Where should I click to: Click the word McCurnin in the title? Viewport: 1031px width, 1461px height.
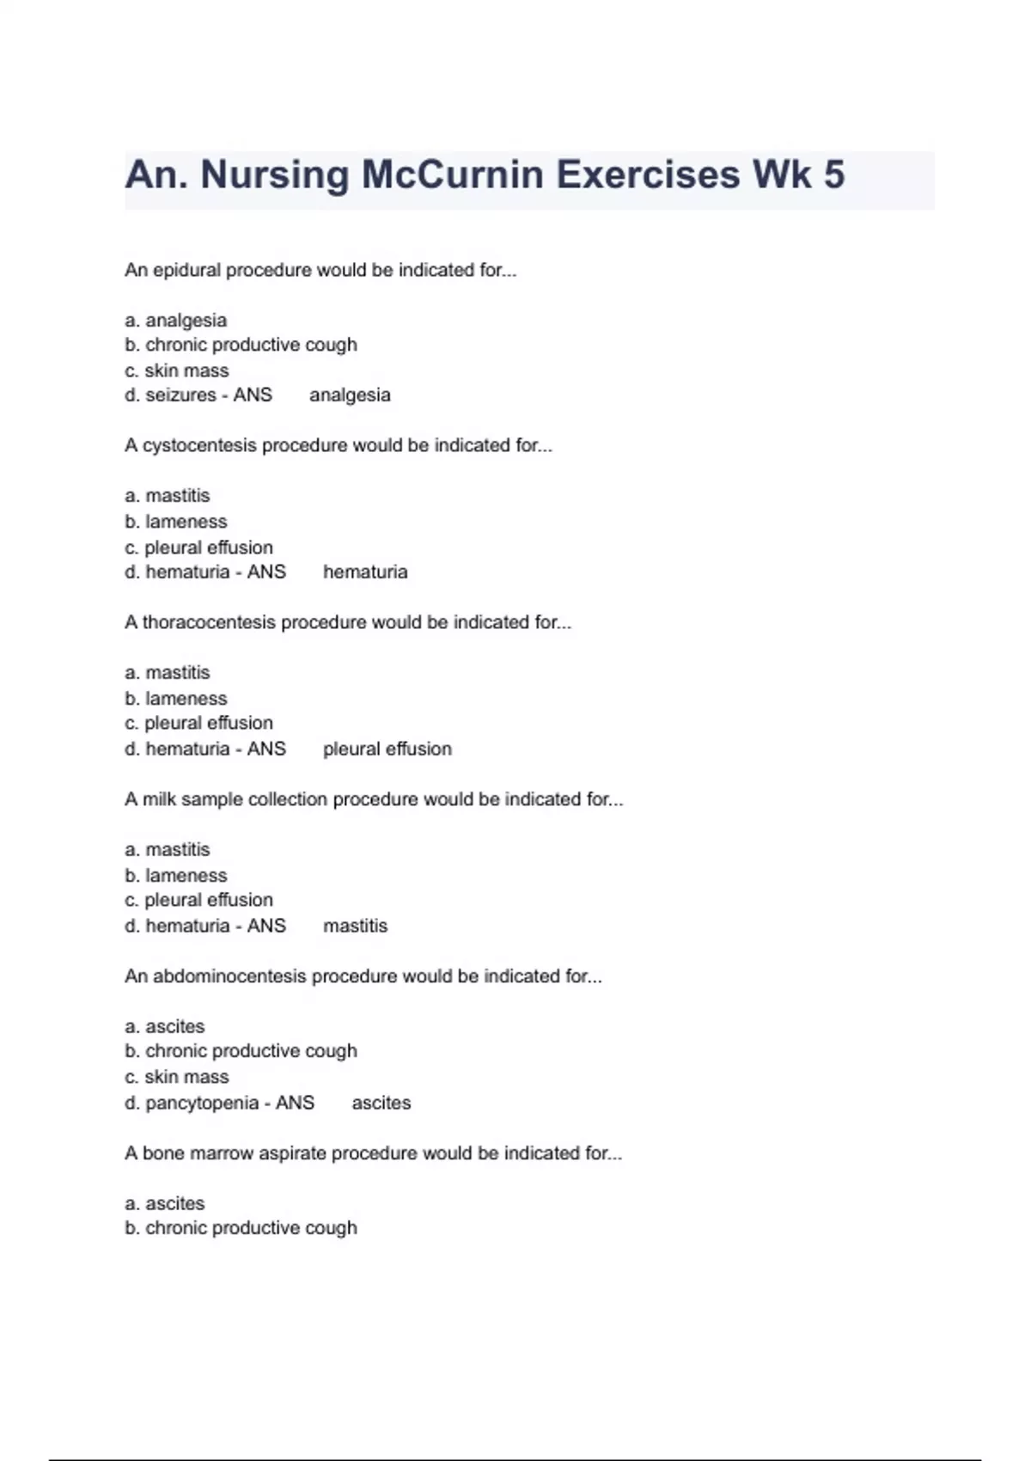pos(453,174)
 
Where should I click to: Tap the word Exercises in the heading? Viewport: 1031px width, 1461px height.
pos(648,174)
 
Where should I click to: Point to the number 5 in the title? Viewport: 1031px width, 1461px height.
pos(833,174)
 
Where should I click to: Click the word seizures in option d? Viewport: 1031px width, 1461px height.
pos(180,395)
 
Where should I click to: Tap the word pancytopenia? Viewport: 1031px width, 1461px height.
pos(202,1103)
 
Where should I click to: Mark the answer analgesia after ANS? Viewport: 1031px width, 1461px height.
pos(350,395)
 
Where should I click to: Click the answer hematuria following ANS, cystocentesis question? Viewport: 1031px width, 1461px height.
pos(365,572)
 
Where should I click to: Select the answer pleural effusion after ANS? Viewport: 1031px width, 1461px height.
pos(387,749)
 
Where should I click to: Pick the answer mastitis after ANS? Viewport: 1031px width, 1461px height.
pos(355,926)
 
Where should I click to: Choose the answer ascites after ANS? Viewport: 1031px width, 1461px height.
pos(381,1103)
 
